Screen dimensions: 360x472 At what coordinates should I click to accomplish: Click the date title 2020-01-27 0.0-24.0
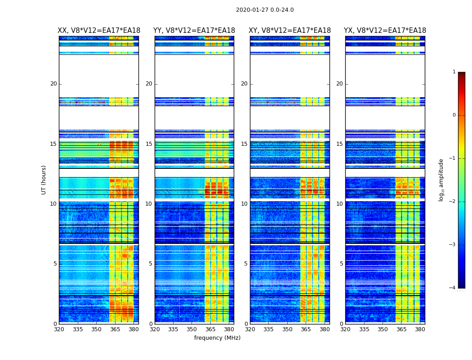coord(265,10)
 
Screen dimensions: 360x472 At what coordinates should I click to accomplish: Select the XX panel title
coord(99,31)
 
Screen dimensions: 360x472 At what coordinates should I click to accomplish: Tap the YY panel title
coord(194,31)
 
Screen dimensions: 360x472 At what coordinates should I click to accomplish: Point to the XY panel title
coord(290,31)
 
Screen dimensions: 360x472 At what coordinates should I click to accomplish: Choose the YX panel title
coord(385,31)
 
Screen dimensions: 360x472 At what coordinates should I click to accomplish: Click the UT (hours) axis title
coord(44,180)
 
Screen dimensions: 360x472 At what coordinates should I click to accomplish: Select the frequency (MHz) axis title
coord(217,338)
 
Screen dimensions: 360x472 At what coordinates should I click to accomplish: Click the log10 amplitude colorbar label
coord(441,180)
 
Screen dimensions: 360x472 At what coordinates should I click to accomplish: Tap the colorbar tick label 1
coord(454,72)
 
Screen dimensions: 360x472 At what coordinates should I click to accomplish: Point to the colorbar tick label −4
coord(453,288)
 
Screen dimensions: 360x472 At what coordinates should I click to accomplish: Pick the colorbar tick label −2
coord(453,202)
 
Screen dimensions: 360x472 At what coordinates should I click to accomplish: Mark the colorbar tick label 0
coord(454,115)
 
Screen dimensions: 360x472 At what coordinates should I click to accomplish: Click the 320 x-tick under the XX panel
coord(59,329)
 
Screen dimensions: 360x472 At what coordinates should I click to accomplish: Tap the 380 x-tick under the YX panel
coord(420,329)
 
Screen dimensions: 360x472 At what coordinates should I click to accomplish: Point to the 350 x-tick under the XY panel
coord(287,329)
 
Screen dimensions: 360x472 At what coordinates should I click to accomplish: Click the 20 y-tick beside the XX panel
coord(53,84)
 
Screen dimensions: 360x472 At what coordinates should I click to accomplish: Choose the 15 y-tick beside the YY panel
coord(149,144)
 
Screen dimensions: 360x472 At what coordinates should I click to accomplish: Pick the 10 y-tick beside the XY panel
coord(244,204)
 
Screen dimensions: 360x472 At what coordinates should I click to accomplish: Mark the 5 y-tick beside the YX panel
coord(341,264)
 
